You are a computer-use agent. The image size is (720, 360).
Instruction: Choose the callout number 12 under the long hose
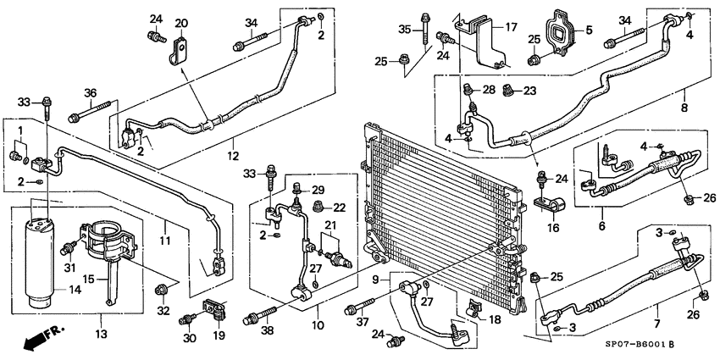click(230, 157)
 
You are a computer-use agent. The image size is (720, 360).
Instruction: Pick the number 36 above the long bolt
click(91, 93)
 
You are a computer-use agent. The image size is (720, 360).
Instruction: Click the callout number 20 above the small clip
click(181, 22)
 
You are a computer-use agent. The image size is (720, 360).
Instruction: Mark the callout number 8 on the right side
click(684, 108)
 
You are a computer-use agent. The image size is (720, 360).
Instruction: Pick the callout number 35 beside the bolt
click(405, 30)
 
